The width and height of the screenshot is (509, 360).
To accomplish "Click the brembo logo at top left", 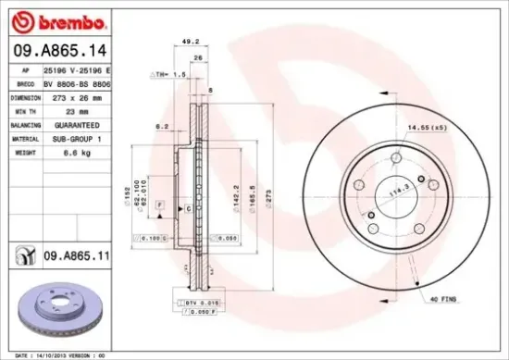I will pos(43,21).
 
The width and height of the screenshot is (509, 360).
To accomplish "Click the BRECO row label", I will pos(26,82).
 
